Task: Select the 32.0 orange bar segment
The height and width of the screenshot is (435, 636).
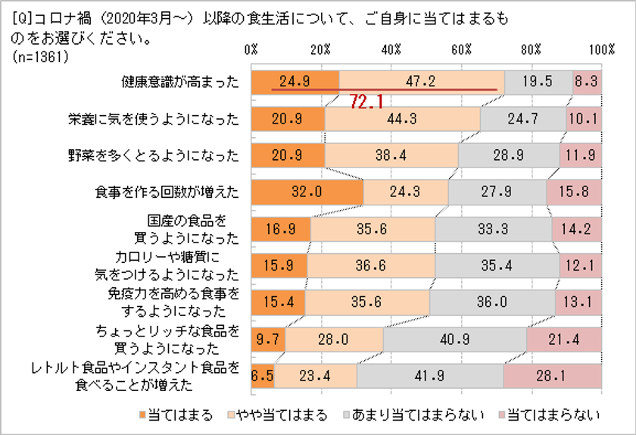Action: pyautogui.click(x=307, y=192)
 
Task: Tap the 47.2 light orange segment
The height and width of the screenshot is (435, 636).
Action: pyautogui.click(x=422, y=82)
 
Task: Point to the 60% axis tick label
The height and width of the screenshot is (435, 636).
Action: pyautogui.click(x=462, y=49)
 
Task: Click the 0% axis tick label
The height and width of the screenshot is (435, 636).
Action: pyautogui.click(x=252, y=49)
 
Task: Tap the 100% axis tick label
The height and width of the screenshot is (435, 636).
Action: pyautogui.click(x=602, y=49)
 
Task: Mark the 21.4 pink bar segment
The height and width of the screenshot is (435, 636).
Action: pyautogui.click(x=564, y=339)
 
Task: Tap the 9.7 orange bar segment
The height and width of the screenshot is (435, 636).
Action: pyautogui.click(x=268, y=339)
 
